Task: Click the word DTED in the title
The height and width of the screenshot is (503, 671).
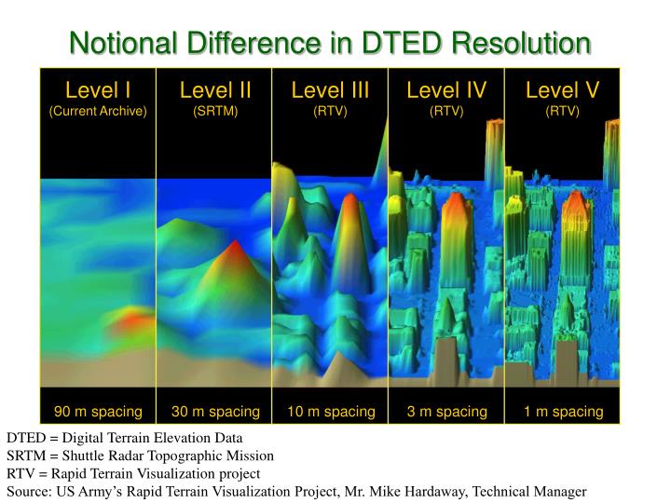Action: (x=401, y=43)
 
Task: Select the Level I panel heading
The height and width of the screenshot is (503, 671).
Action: (x=98, y=90)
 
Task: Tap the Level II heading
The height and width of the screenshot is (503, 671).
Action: (x=215, y=90)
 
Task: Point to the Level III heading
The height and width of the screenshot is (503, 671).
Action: (x=330, y=90)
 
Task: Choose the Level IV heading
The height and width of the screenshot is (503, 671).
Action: (x=446, y=90)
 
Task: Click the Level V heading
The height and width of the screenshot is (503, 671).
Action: (x=562, y=90)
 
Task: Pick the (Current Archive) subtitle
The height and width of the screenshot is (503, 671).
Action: (x=98, y=111)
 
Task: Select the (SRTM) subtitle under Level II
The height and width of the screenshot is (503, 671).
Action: (x=215, y=111)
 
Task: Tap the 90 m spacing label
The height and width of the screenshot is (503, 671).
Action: (x=98, y=412)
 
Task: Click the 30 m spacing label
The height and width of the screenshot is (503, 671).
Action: (x=215, y=412)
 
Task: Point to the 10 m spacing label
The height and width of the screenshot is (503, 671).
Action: (x=331, y=412)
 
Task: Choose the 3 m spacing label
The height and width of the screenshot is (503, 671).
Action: (x=447, y=412)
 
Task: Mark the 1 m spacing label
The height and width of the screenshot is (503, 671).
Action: (x=564, y=412)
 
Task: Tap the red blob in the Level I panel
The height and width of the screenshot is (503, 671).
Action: (x=130, y=319)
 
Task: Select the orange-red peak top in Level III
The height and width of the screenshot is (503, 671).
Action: (x=350, y=199)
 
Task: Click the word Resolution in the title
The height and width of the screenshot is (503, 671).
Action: (x=521, y=43)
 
